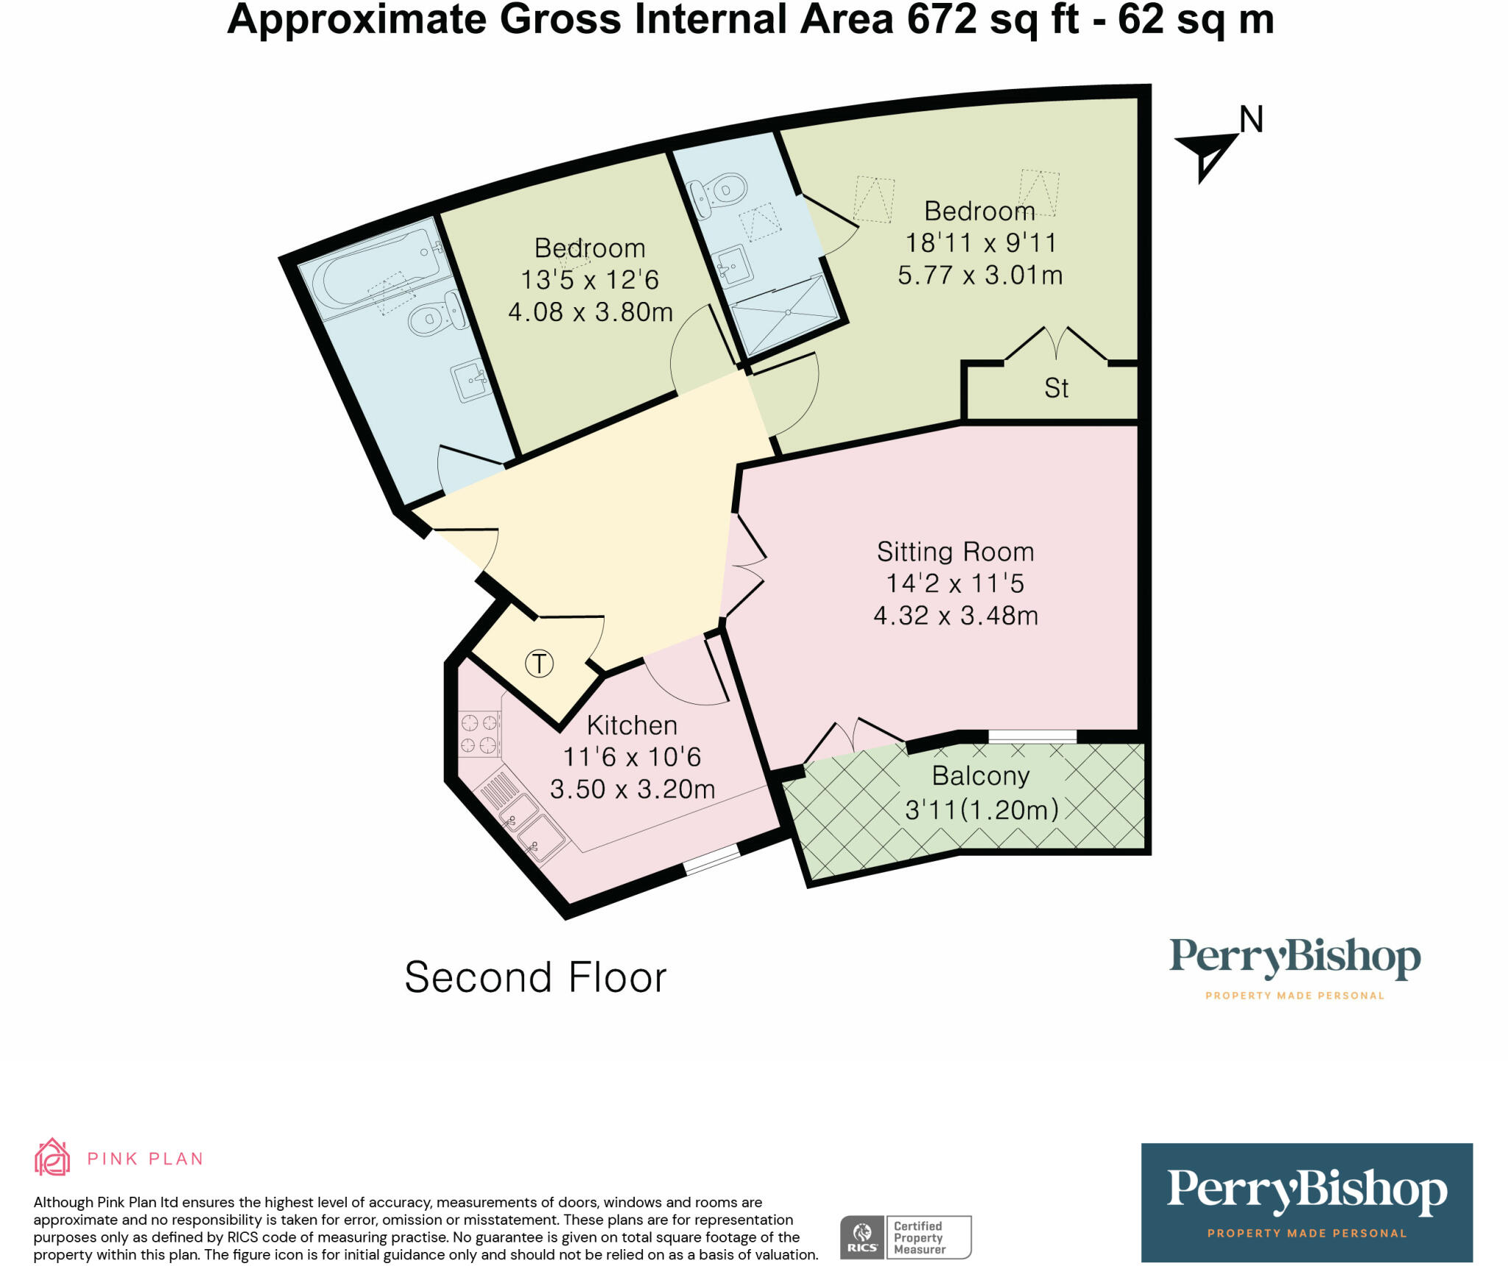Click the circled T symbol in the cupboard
click(x=539, y=664)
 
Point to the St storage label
click(x=1056, y=388)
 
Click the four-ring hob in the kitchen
click(x=479, y=734)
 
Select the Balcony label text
click(x=980, y=776)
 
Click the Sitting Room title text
click(x=955, y=552)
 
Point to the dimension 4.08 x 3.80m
click(x=591, y=312)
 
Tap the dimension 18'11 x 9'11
click(x=980, y=243)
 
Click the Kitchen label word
click(x=632, y=725)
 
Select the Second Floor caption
click(x=535, y=977)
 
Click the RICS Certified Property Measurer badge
click(x=906, y=1237)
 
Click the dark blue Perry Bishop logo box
click(x=1306, y=1202)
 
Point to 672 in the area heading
click(x=943, y=20)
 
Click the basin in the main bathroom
click(x=472, y=380)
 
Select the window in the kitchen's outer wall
click(x=712, y=859)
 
